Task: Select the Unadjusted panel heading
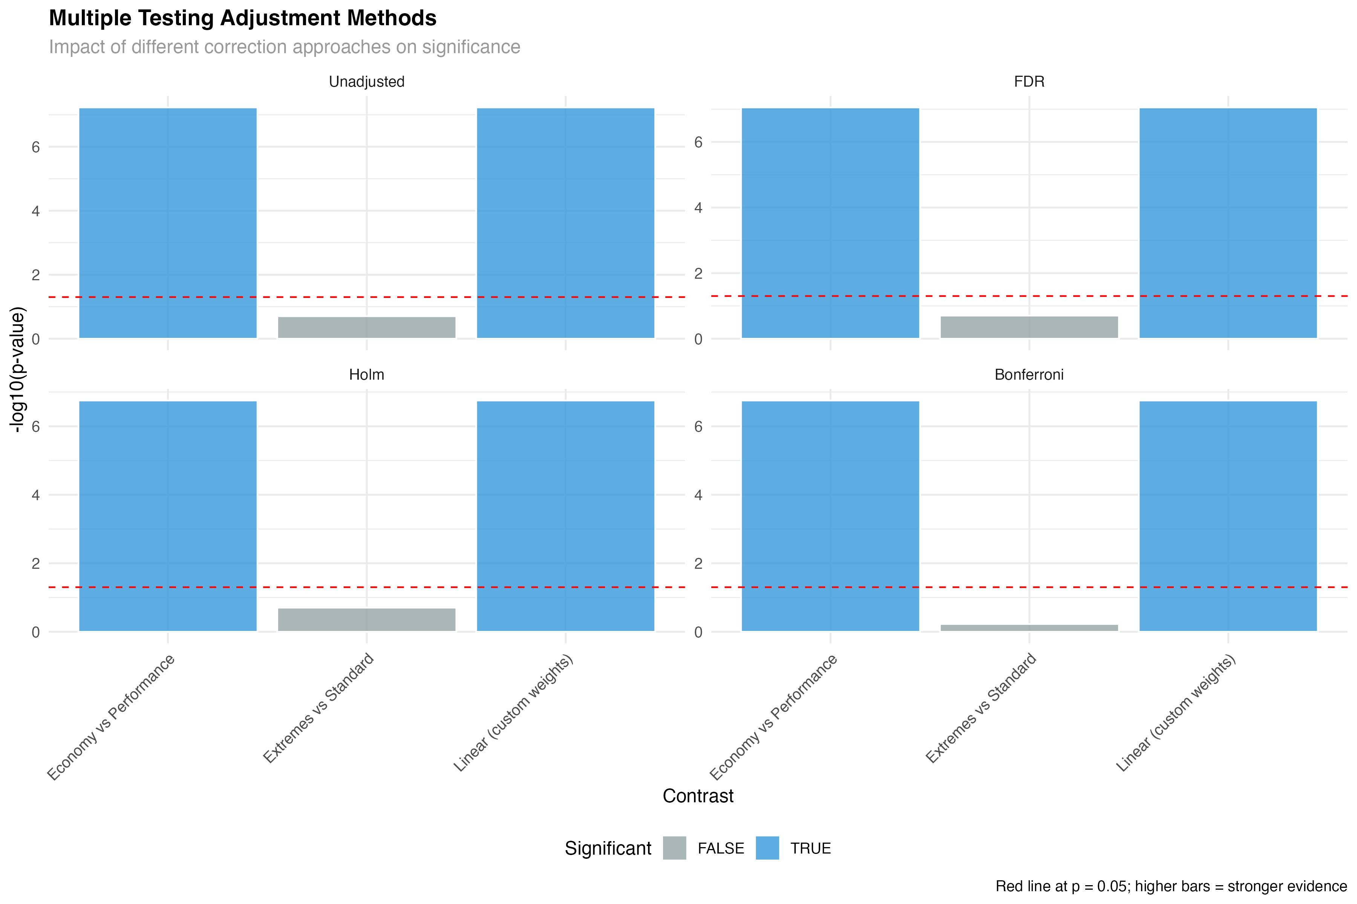click(366, 82)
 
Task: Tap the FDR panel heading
click(1029, 82)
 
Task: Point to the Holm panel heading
click(366, 375)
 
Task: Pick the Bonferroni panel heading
click(1029, 375)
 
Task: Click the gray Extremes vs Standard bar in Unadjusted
click(366, 327)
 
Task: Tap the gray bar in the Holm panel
click(366, 619)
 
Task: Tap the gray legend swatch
click(674, 848)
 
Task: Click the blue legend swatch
click(767, 848)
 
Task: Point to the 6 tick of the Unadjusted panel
click(36, 147)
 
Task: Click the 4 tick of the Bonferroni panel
click(698, 495)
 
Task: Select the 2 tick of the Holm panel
click(36, 563)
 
